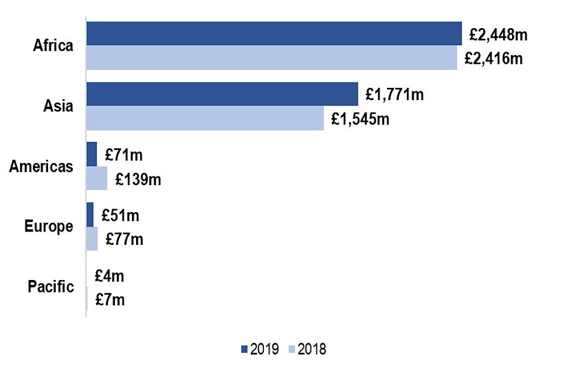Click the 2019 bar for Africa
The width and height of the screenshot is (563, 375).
point(274,33)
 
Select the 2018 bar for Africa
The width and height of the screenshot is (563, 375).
point(272,57)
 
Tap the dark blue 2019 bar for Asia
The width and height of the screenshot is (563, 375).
point(222,94)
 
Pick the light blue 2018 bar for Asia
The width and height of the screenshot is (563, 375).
point(205,118)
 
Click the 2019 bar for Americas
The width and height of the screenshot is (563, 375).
point(91,154)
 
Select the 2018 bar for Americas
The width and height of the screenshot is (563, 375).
point(97,178)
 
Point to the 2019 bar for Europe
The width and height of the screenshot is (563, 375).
point(90,214)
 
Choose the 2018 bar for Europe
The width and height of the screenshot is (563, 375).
point(92,238)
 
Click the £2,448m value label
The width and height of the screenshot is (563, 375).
point(498,35)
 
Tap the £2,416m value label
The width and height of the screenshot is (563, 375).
point(494,59)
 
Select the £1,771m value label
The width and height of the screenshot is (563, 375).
point(394,95)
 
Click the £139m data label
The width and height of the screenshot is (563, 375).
point(138,179)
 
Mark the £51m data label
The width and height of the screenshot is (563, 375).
point(120,215)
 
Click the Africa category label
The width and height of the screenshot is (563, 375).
point(53,46)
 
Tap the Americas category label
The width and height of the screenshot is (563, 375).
point(41,166)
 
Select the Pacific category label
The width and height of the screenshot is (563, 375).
point(50,287)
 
